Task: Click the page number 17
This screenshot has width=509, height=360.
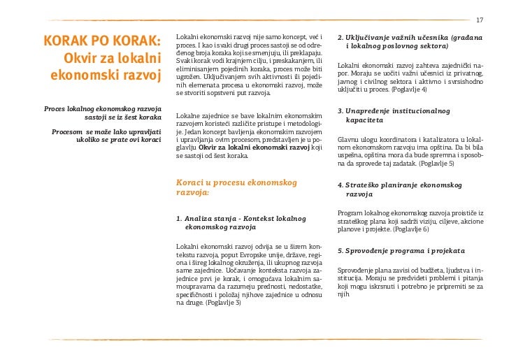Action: click(480, 19)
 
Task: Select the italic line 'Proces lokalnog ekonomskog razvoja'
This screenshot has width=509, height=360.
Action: click(103, 109)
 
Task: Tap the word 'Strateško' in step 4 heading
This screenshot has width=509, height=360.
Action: click(364, 185)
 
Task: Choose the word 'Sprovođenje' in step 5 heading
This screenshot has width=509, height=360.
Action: click(368, 250)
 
